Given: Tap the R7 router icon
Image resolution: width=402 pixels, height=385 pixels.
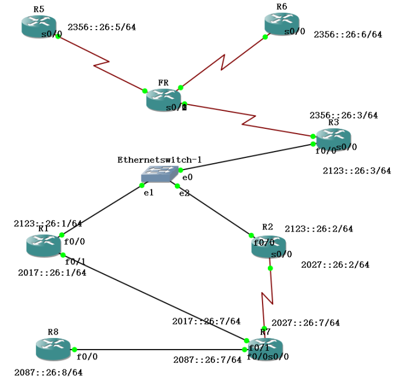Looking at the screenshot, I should pos(265,348).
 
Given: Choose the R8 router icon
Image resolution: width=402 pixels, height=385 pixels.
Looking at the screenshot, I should pos(53,348).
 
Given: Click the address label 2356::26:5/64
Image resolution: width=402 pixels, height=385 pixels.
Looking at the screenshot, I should pos(102,27).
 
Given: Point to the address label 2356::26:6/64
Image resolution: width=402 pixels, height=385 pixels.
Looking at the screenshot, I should pos(347,35).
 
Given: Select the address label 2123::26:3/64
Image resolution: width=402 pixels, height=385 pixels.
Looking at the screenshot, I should pos(357,171).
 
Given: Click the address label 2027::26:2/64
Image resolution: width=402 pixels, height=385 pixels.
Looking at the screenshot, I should pos(335,265).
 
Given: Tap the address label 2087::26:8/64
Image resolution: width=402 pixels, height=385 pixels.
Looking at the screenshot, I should pos(48,372).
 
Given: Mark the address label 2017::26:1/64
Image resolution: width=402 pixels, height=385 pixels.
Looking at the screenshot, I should pos(52,272).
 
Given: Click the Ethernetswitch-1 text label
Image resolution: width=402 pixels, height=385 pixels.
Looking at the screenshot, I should pos(159,159).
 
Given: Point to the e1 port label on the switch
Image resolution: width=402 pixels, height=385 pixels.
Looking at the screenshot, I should pos(148,193).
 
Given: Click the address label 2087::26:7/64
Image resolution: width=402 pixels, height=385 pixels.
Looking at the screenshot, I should pos(207,360).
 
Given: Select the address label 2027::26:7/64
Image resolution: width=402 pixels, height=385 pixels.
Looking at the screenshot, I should pos(306,323).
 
